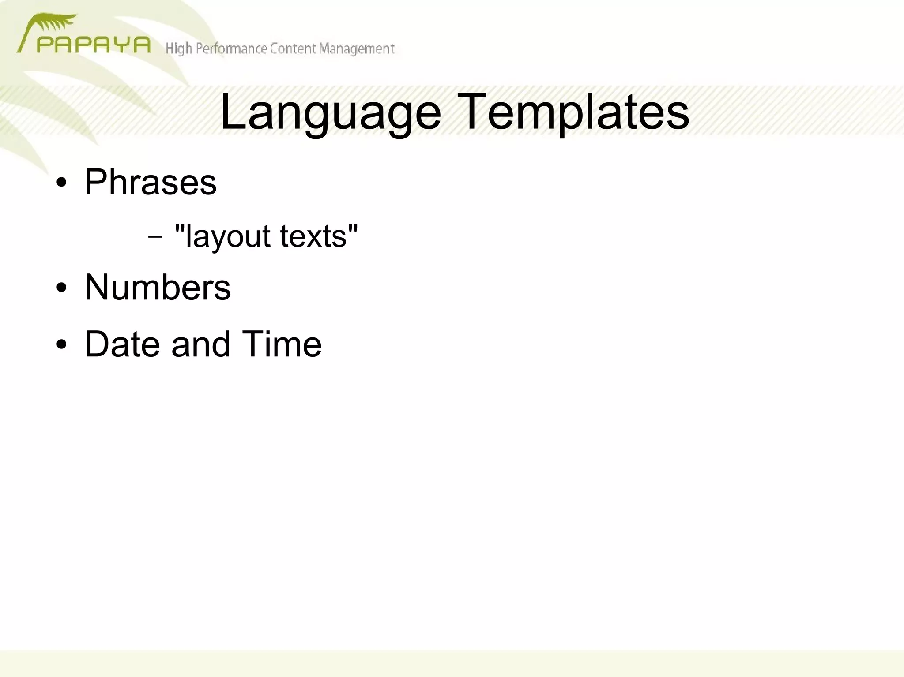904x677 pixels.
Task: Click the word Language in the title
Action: point(330,112)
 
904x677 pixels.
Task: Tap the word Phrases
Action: point(150,182)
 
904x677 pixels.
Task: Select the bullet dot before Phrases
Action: point(61,183)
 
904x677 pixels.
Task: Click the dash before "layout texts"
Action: point(155,236)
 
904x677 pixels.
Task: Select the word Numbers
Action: point(157,288)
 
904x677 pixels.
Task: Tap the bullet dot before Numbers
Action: point(61,288)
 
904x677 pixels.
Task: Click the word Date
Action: point(122,344)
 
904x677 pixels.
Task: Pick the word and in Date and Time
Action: point(201,344)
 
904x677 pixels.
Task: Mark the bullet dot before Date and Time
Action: point(61,344)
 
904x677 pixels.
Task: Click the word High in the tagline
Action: point(178,49)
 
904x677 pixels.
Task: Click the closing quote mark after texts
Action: point(353,228)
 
